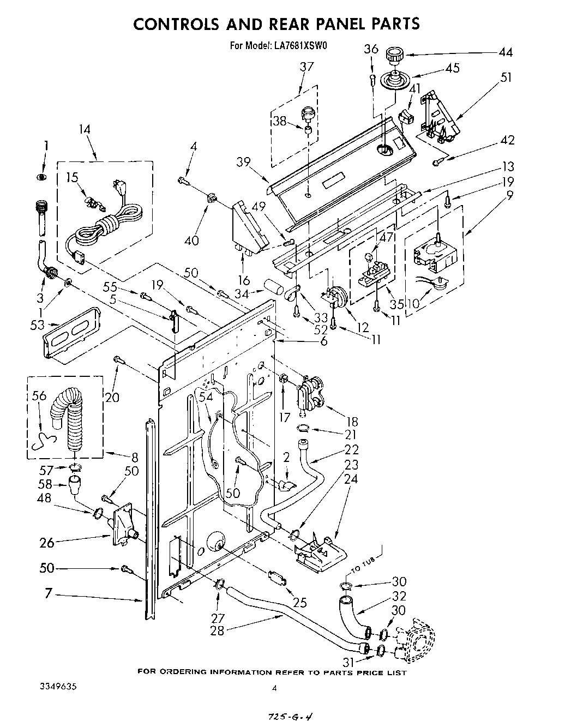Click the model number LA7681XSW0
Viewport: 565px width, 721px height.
(x=299, y=46)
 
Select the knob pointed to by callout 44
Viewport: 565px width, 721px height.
(x=393, y=55)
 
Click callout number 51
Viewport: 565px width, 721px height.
(x=506, y=78)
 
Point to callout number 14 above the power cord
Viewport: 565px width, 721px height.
(x=84, y=130)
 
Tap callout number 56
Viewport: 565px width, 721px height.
(x=39, y=397)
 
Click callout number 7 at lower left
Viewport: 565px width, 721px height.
(x=49, y=593)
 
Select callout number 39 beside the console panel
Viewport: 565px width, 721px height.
(x=243, y=162)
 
